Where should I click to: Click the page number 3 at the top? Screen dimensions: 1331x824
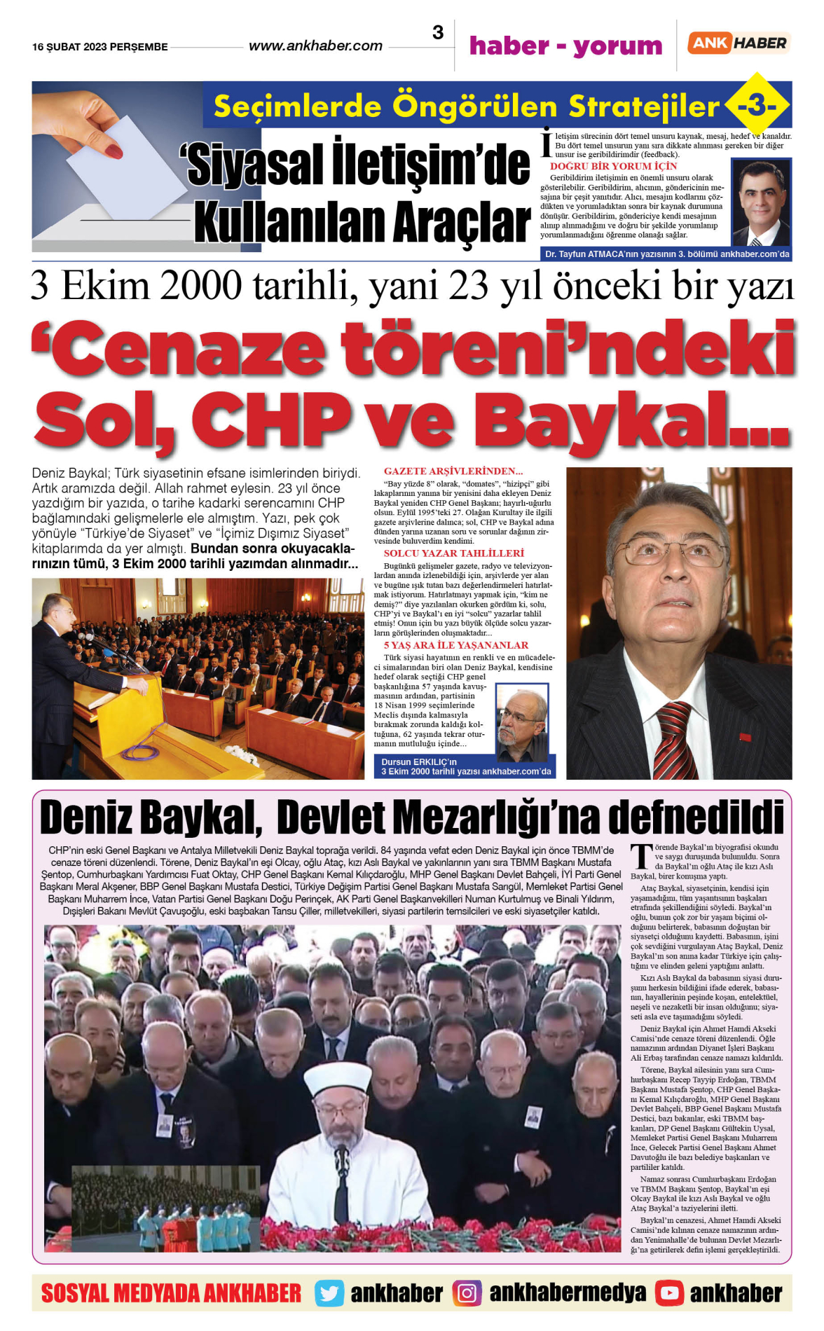click(438, 33)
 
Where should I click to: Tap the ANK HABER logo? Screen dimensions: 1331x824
click(739, 43)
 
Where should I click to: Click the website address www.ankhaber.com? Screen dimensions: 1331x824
click(315, 46)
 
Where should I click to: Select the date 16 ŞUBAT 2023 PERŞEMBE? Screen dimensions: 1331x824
click(100, 47)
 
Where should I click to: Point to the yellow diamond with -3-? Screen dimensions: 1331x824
click(757, 106)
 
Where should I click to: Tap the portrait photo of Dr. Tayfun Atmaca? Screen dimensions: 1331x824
click(761, 202)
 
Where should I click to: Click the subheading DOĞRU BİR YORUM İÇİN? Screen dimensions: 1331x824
click(613, 167)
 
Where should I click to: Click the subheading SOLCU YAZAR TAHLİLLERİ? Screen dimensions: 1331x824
click(453, 553)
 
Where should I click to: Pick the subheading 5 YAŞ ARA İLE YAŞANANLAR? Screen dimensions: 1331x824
click(455, 645)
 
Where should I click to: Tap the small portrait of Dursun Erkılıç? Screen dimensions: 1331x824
click(521, 722)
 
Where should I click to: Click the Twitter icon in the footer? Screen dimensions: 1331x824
click(329, 1293)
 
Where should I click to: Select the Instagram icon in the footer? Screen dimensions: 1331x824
click(467, 1293)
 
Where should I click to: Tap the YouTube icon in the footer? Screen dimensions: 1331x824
click(669, 1293)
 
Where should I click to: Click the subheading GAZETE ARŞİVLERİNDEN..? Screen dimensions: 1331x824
click(453, 471)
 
